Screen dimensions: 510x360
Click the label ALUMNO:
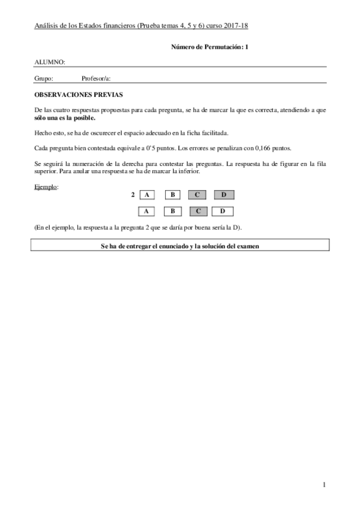50,62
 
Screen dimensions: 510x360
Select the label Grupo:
44,78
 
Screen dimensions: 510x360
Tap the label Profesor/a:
96,78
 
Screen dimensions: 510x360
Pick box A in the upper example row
147,195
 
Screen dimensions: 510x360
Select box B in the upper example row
172,195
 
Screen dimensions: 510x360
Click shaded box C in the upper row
198,195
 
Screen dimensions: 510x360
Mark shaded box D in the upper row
223,195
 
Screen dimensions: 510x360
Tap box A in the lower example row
147,211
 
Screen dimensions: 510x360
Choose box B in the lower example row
172,211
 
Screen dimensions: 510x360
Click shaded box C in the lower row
198,211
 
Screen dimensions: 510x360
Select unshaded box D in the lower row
223,211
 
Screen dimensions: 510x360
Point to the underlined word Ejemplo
46,187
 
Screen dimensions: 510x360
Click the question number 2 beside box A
132,195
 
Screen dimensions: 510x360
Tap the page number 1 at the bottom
323,485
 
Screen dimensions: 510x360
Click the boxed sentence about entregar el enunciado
180,245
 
